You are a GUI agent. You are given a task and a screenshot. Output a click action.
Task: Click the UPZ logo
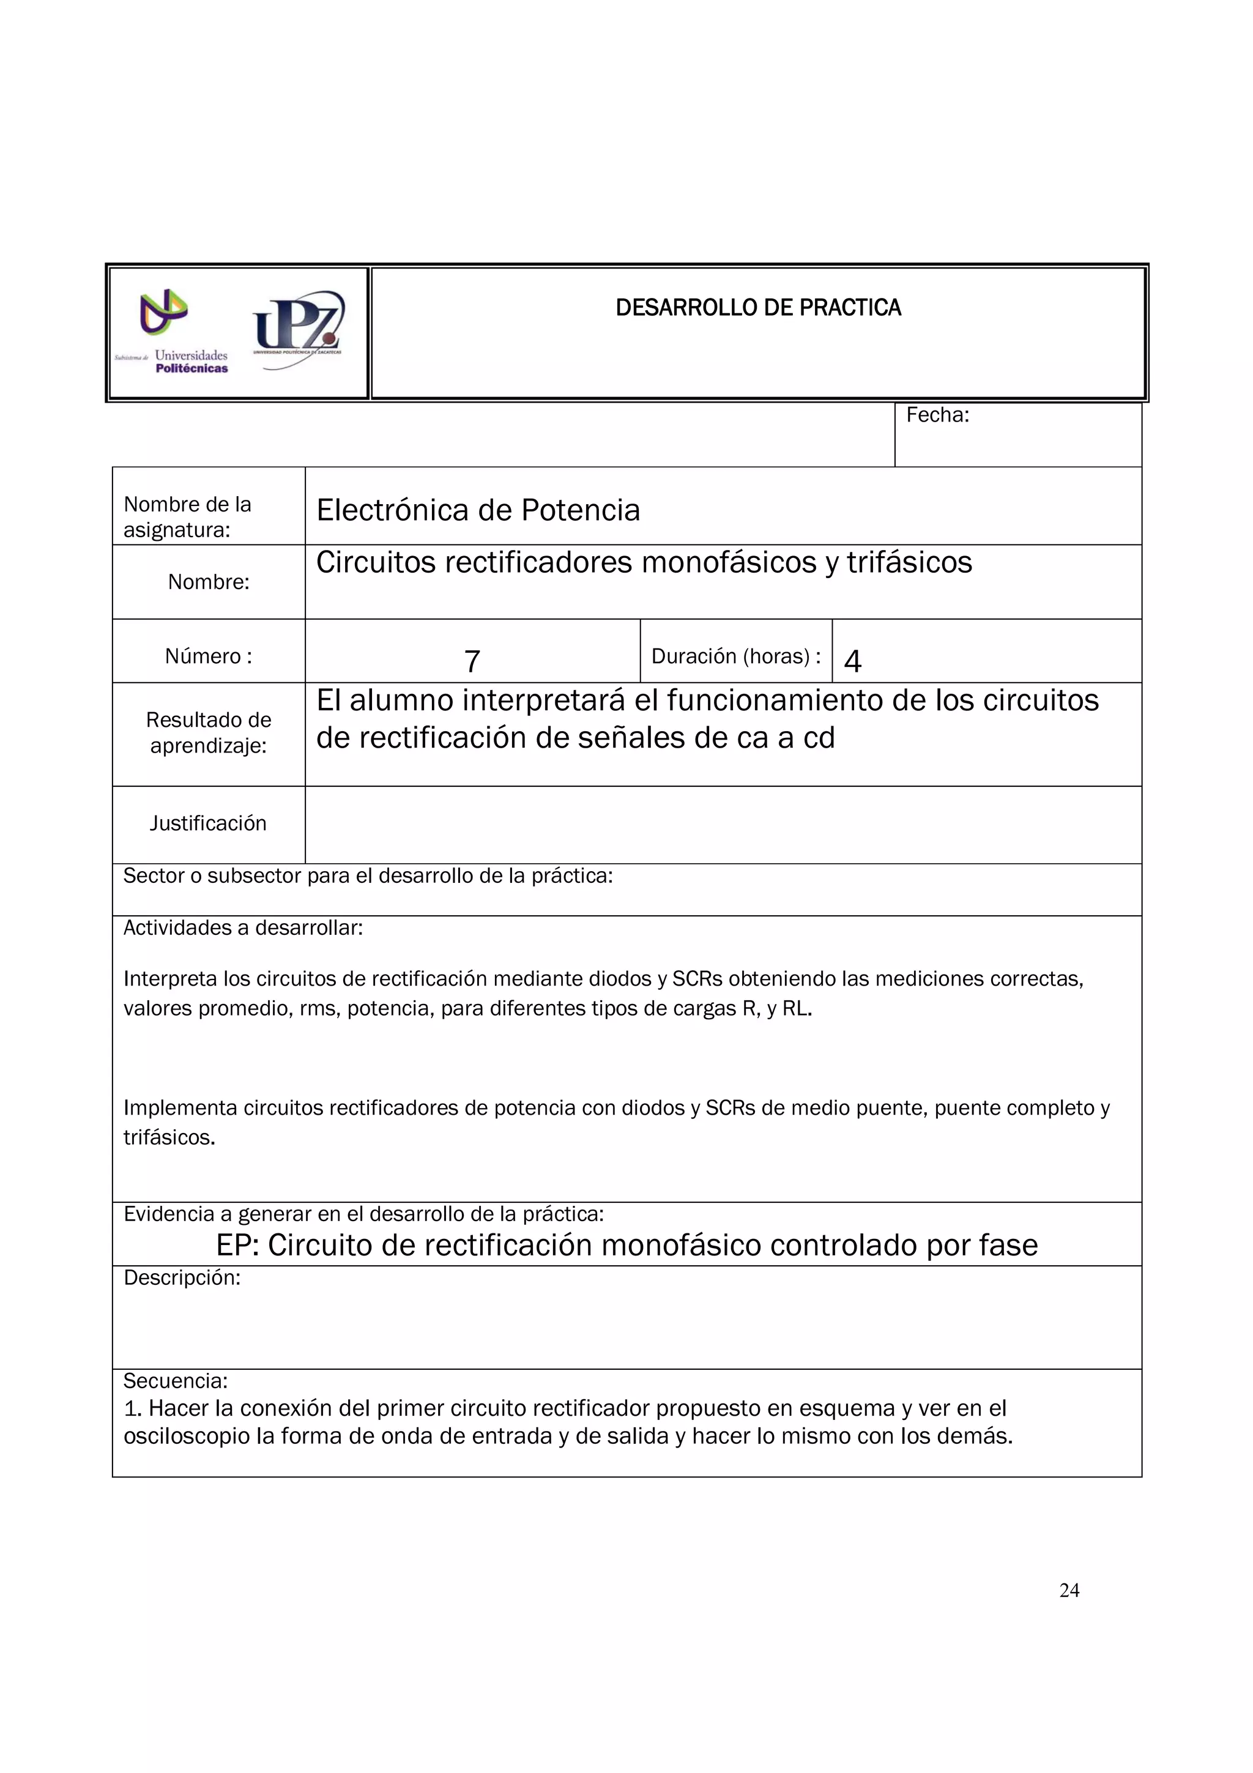click(x=298, y=328)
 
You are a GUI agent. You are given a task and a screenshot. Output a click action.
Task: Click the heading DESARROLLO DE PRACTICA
click(x=757, y=308)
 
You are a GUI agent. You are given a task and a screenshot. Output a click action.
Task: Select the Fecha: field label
click(x=937, y=415)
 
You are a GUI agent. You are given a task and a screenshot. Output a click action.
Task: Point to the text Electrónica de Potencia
click(x=478, y=510)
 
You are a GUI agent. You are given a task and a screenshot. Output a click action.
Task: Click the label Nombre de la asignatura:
click(x=188, y=516)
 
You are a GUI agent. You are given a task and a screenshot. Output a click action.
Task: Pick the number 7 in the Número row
click(x=472, y=661)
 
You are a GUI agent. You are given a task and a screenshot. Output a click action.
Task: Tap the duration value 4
click(x=852, y=661)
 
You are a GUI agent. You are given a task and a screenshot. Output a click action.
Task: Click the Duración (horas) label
click(x=736, y=656)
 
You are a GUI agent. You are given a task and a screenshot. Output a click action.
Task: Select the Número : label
click(x=209, y=656)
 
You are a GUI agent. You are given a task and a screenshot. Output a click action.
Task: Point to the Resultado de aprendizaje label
click(x=209, y=733)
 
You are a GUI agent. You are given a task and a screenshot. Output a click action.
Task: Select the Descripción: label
click(x=182, y=1278)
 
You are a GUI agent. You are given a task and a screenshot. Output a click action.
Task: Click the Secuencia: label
click(x=176, y=1381)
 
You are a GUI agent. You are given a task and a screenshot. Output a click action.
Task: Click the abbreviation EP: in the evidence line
click(x=237, y=1246)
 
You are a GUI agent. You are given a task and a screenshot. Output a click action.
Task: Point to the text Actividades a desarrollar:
click(x=243, y=928)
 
